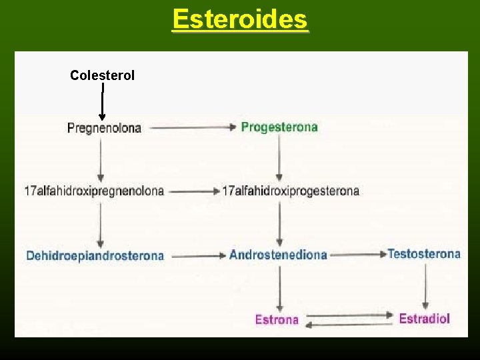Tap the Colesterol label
(x=102, y=75)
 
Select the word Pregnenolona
(x=104, y=128)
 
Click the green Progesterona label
(x=279, y=127)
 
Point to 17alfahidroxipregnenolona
(x=94, y=191)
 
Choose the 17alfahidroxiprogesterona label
(x=290, y=191)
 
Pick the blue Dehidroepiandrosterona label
(x=95, y=255)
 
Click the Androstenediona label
(x=278, y=255)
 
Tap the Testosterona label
(x=423, y=253)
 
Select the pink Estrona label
(x=277, y=319)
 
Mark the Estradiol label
(x=424, y=318)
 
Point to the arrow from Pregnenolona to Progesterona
(x=192, y=127)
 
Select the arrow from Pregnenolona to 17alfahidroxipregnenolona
(x=100, y=159)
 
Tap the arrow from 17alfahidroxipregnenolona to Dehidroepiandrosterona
(x=100, y=223)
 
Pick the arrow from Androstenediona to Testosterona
(x=358, y=254)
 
